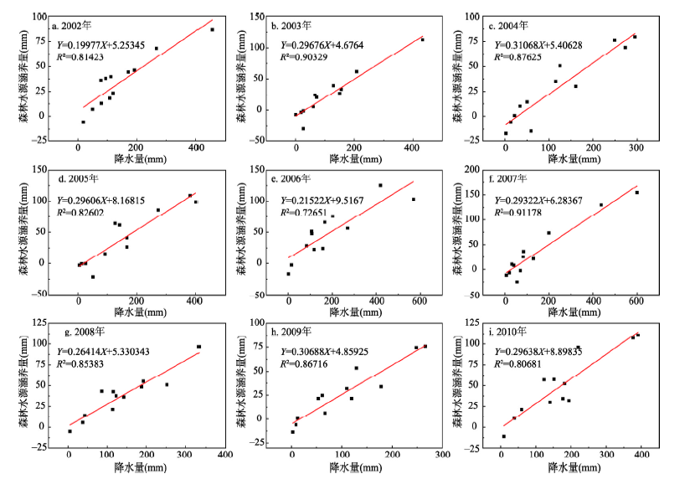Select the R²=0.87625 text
[x=519, y=57]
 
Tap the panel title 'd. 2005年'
[x=76, y=179]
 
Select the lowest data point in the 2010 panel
[x=503, y=436]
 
